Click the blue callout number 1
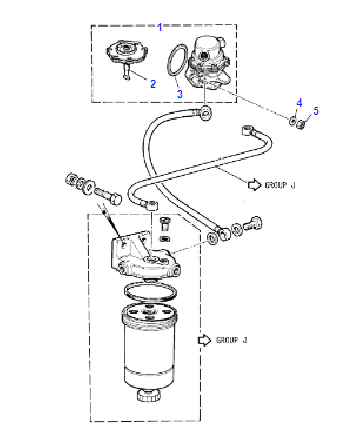[160, 27]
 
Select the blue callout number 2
[153, 84]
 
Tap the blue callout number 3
[180, 94]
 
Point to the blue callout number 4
[299, 103]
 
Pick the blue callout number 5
[315, 111]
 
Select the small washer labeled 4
[293, 120]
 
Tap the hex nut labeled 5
[301, 124]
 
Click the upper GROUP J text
[280, 185]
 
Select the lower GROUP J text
[232, 340]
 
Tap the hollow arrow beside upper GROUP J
[255, 185]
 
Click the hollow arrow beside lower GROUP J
[205, 340]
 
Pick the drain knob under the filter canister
[149, 396]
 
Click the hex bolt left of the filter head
[109, 196]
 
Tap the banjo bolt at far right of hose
[253, 223]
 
